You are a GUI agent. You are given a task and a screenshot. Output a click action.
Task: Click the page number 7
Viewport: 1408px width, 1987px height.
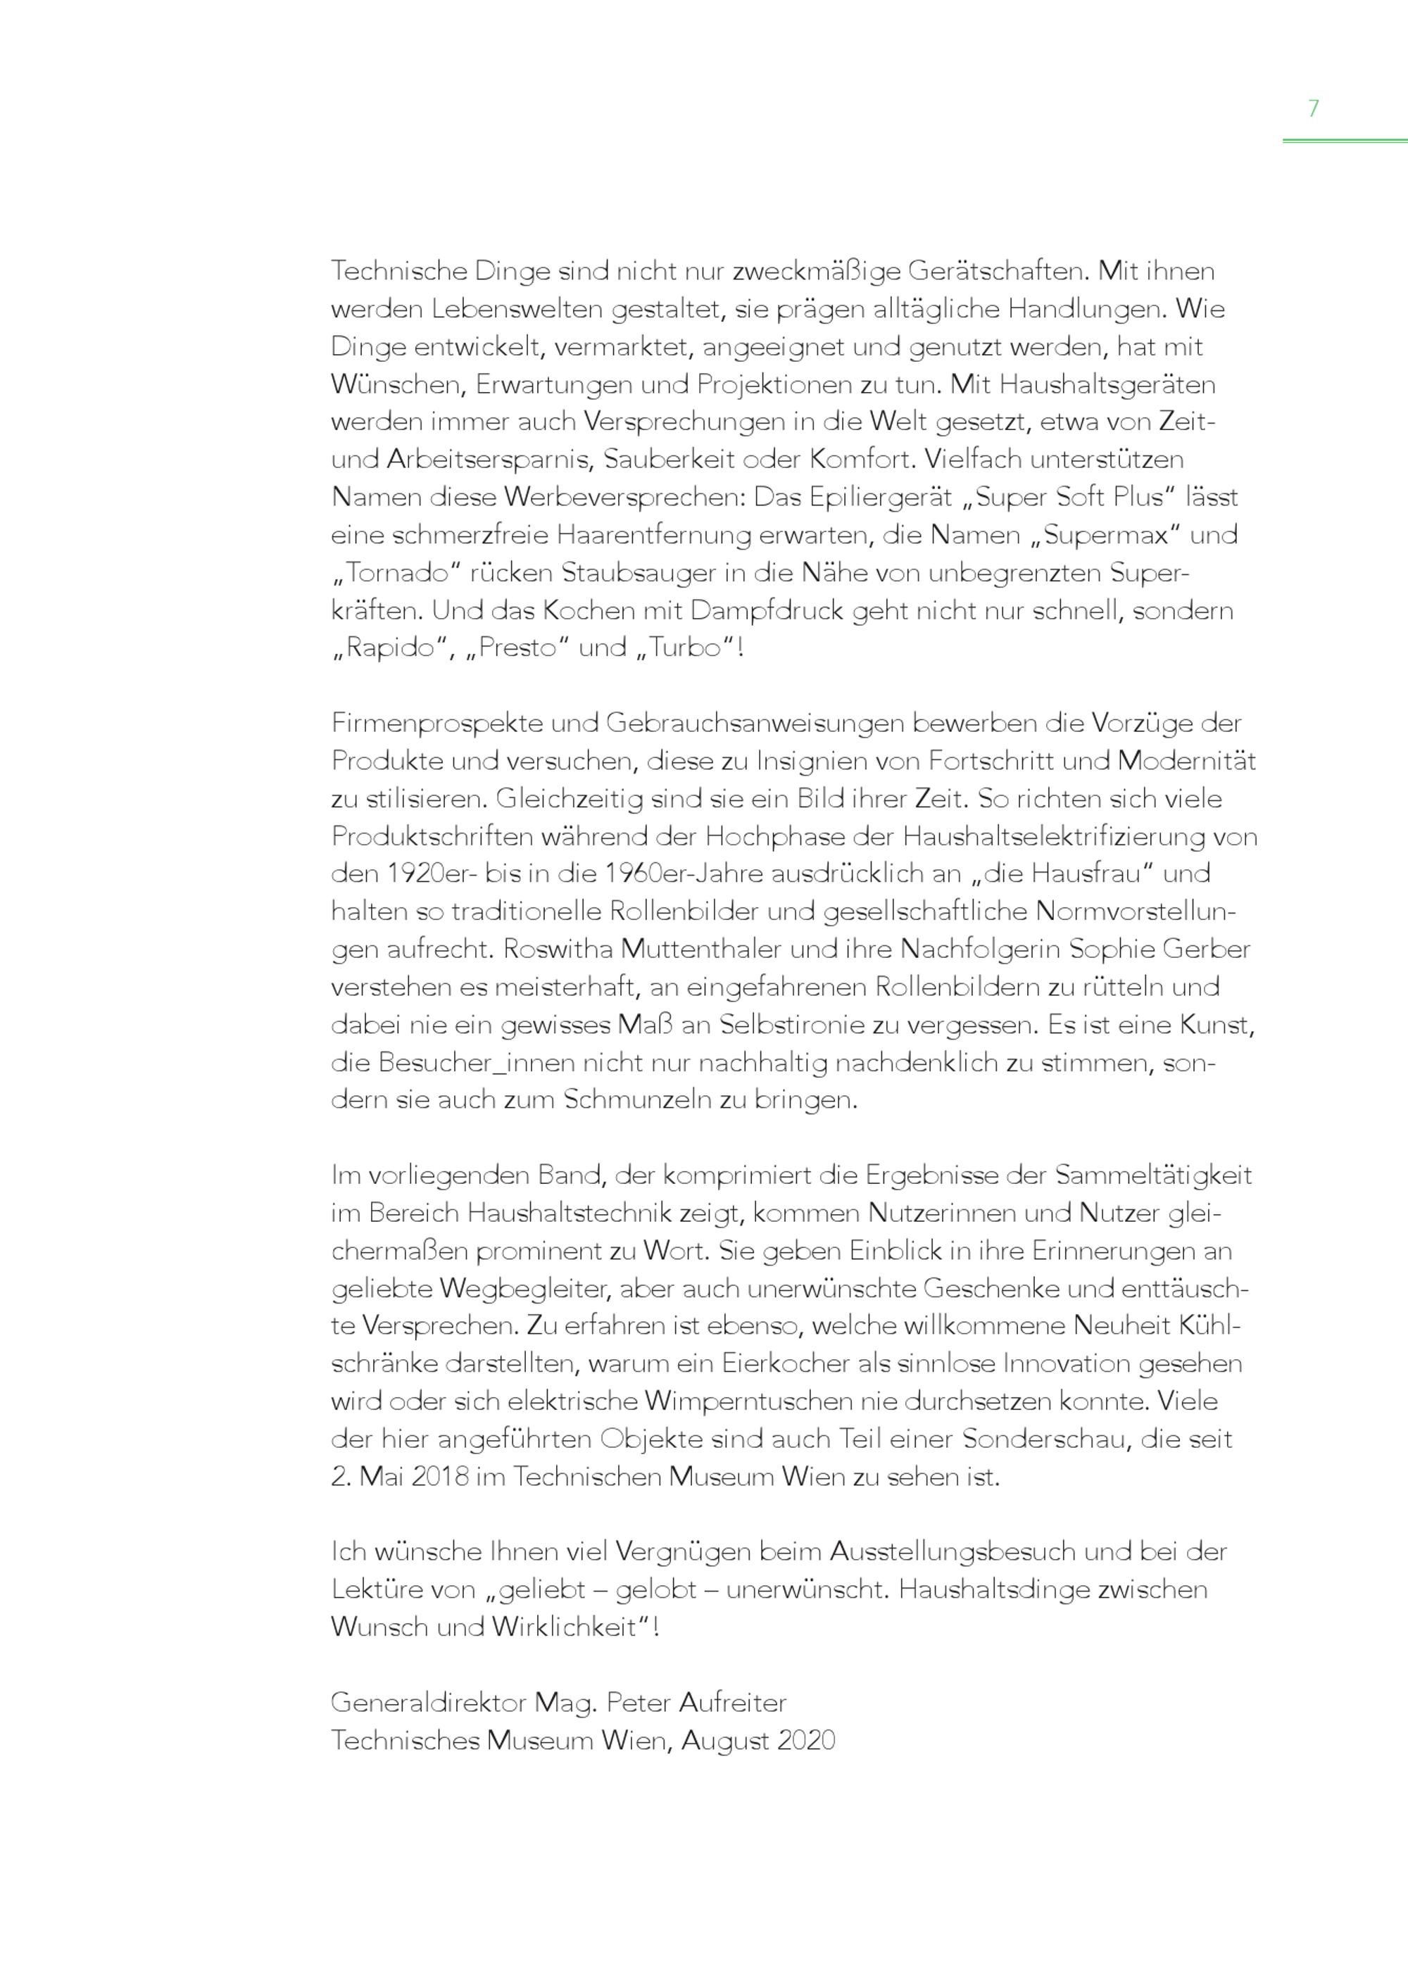pos(1313,108)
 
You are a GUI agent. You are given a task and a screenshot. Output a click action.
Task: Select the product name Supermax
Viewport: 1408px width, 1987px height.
pos(1106,535)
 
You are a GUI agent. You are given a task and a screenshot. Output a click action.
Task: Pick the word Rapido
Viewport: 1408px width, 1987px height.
pos(389,648)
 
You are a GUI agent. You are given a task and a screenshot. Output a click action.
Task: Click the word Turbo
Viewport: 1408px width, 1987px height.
pos(685,648)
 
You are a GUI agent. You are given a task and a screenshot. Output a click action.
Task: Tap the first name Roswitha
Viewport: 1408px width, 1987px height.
pos(558,950)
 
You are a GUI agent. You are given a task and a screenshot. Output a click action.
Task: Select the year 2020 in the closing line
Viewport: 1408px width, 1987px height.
pos(805,1741)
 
